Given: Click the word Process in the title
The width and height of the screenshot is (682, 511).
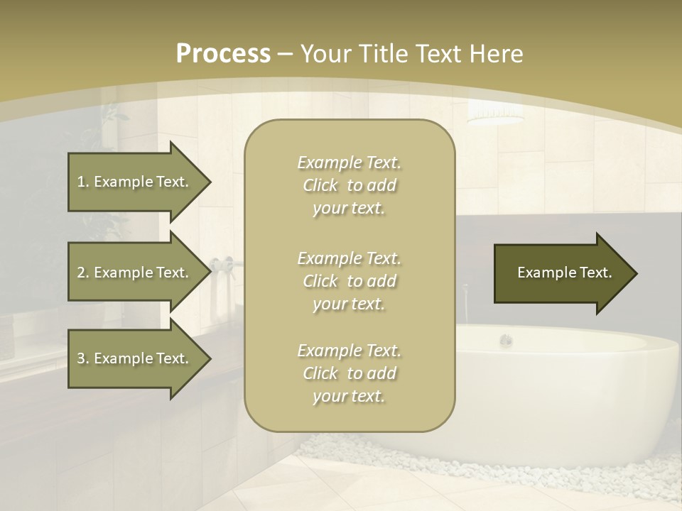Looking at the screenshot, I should [x=223, y=54].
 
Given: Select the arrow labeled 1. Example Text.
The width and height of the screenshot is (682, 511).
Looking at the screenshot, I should [x=135, y=182].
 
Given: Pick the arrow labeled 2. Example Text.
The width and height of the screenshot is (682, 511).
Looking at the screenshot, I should [x=135, y=273].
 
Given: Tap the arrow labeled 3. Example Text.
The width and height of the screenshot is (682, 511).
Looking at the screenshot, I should [x=135, y=358].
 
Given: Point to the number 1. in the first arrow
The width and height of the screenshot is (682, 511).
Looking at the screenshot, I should [x=83, y=182].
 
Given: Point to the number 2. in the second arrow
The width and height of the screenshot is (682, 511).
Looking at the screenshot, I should [x=83, y=273].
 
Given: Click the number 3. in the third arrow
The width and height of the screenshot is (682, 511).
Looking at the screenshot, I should [x=83, y=358].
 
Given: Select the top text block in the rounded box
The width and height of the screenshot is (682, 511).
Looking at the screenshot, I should [x=349, y=185].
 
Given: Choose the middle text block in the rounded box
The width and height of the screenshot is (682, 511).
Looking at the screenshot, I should [x=349, y=281].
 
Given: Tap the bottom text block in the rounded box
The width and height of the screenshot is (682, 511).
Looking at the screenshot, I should [x=349, y=373].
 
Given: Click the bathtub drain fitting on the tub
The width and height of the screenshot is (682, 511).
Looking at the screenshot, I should [x=505, y=340].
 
